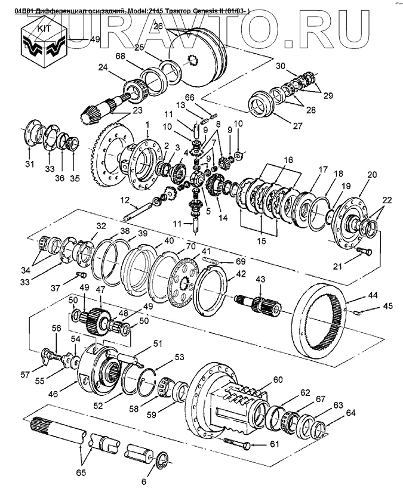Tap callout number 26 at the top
tap(158, 26)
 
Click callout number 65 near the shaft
tap(81, 473)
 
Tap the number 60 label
tap(278, 380)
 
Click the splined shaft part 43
tap(260, 304)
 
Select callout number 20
tap(373, 175)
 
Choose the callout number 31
tap(30, 165)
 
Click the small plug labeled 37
tap(82, 274)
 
